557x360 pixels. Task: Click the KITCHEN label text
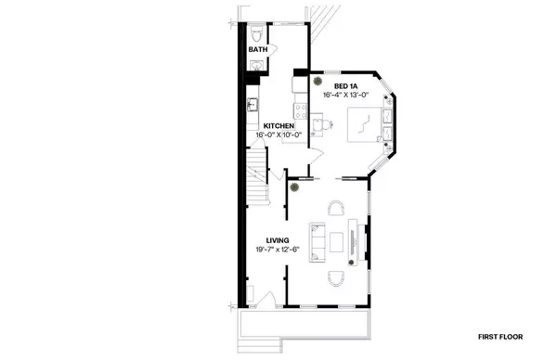[278, 126]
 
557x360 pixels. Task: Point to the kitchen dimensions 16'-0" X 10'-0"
[279, 135]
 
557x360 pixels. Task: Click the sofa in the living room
[317, 241]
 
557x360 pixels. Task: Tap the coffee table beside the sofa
[336, 242]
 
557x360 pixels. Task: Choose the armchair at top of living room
[333, 208]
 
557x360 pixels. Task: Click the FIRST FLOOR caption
[504, 336]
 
